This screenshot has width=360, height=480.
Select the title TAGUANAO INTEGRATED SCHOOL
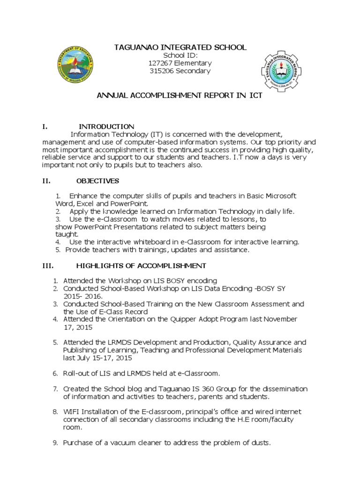click(180, 47)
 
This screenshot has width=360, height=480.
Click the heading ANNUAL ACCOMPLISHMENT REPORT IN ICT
click(180, 96)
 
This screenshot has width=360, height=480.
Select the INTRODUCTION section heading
click(106, 127)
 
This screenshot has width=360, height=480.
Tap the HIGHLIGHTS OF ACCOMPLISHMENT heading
click(141, 266)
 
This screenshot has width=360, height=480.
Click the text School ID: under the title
click(180, 55)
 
